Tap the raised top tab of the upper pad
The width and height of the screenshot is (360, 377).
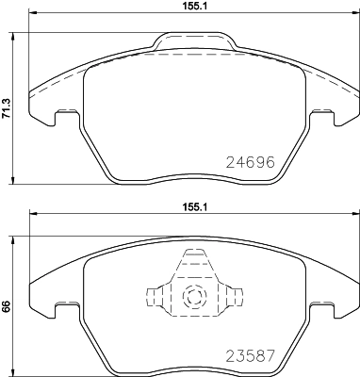click(194, 40)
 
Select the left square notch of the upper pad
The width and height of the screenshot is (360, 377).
click(66, 117)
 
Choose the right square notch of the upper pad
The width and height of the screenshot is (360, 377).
click(322, 117)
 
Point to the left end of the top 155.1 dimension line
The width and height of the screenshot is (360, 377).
click(30, 16)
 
